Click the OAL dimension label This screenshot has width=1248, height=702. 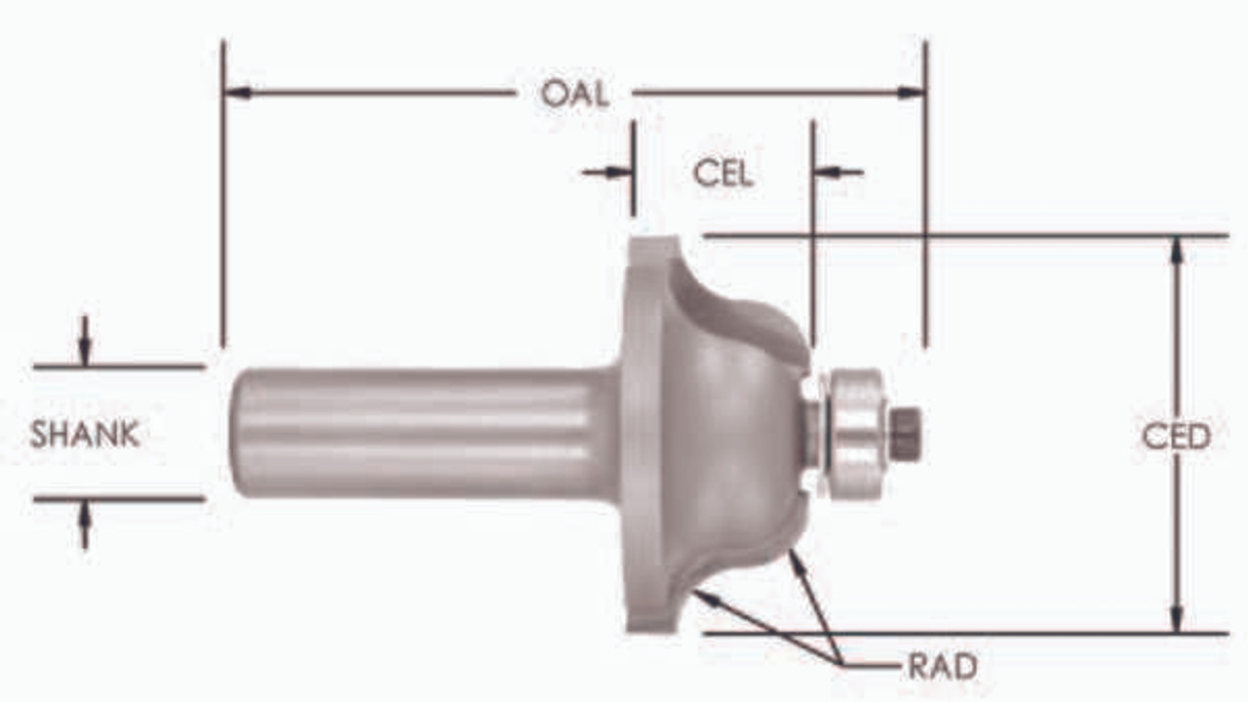pos(575,94)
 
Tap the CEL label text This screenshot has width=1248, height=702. pos(722,174)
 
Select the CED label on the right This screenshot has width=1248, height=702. pos(1176,437)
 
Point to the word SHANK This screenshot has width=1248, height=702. pos(85,435)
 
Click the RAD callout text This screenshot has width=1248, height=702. pos(942,667)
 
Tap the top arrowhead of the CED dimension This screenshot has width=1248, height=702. pos(1177,250)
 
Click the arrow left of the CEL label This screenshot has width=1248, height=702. pos(620,173)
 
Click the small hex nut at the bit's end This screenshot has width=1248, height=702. pos(906,433)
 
